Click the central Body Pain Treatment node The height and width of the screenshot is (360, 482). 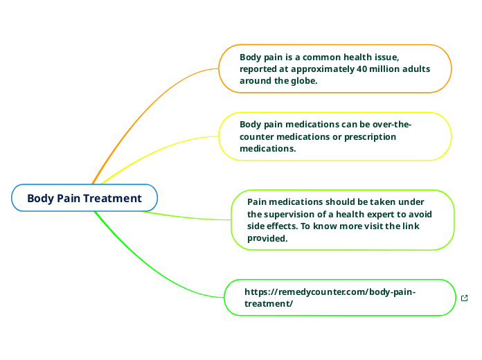point(84,198)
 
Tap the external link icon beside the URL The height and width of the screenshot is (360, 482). point(464,298)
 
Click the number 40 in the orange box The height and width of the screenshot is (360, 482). point(361,69)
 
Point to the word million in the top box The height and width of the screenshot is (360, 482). point(388,69)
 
